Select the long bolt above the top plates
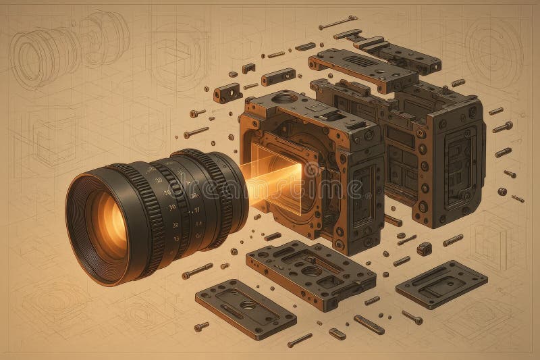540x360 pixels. click(x=337, y=22)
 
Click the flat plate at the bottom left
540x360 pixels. click(x=246, y=308)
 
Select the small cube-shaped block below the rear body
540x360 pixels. click(x=424, y=248)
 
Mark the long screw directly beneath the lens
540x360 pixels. click(x=196, y=272)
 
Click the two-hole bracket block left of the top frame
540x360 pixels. click(x=227, y=92)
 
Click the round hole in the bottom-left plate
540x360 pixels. click(x=248, y=306)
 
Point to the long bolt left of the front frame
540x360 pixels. click(x=196, y=132)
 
